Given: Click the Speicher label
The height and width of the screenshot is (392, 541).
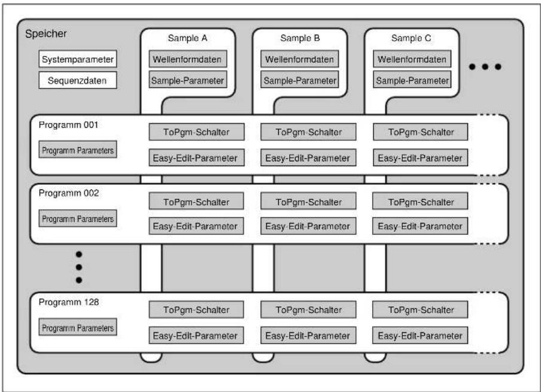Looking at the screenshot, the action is [46, 33].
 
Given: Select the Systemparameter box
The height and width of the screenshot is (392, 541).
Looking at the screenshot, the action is [78, 59].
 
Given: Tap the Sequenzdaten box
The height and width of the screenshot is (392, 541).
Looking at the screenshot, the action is [78, 80].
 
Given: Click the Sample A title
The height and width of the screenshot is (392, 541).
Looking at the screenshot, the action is [188, 38].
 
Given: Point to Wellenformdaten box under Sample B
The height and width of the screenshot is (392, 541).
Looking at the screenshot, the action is [299, 59].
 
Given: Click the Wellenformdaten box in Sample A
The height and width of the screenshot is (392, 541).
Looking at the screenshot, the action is [188, 59].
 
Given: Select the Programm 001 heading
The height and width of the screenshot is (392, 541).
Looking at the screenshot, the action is [68, 125].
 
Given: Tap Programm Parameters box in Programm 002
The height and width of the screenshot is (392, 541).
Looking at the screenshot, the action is [78, 218].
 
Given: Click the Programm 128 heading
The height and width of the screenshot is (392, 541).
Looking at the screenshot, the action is [69, 302].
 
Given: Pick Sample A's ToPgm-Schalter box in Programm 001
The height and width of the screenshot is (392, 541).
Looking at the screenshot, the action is [197, 132].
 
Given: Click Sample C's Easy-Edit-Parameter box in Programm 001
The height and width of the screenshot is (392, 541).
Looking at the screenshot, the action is [420, 158].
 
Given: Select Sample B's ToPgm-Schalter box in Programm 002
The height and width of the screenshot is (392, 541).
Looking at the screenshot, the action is [308, 201].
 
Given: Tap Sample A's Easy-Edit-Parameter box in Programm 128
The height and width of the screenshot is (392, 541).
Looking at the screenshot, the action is [196, 335].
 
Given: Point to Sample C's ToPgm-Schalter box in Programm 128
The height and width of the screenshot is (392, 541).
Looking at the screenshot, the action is [420, 310].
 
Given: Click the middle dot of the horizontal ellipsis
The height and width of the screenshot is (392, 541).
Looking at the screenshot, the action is [485, 66].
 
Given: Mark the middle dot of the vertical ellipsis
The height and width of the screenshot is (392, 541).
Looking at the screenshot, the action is [79, 267].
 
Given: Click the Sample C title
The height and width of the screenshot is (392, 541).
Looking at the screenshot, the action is [411, 38].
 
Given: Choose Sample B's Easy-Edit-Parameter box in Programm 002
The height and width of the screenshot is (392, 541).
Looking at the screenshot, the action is [308, 226].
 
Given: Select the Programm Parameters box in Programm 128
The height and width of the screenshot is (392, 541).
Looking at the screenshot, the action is [78, 327].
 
